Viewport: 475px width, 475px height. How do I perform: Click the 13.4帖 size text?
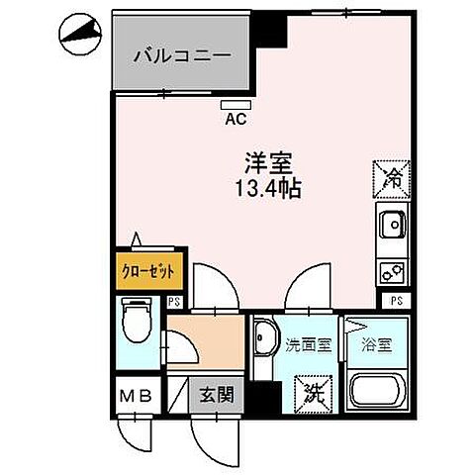click(x=266, y=186)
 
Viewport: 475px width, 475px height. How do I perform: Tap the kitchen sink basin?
click(x=391, y=227)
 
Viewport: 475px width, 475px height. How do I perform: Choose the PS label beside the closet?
click(x=174, y=302)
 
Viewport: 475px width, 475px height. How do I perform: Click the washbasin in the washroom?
click(x=262, y=342)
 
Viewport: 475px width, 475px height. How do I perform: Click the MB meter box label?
click(x=136, y=397)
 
